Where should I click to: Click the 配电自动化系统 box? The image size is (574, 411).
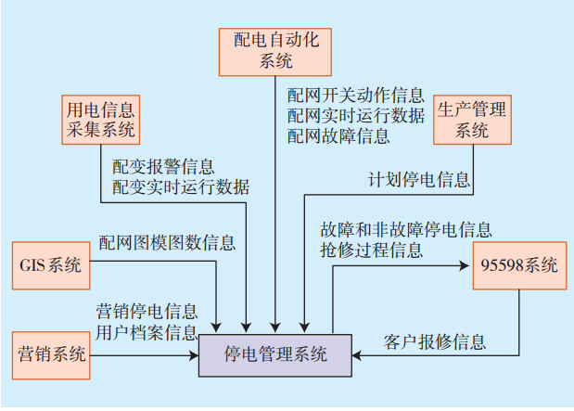[275, 51]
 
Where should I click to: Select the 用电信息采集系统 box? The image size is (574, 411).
[100, 120]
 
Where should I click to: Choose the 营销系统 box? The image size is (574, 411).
[52, 353]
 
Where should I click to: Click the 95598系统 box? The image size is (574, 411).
[519, 266]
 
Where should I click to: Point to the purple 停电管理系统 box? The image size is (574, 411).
[275, 353]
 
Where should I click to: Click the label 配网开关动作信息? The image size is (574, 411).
[355, 96]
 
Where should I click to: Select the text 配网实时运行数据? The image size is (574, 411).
[355, 115]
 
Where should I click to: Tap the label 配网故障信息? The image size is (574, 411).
[338, 135]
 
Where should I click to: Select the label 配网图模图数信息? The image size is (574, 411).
[167, 244]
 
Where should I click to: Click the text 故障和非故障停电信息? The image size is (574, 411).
[406, 229]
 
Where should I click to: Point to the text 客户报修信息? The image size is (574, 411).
[434, 341]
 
